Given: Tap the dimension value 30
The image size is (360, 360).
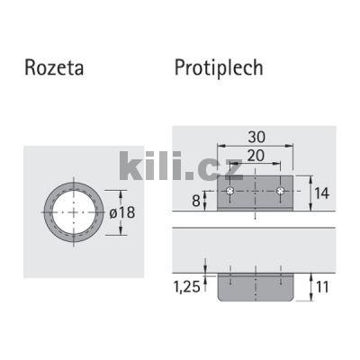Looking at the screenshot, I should click(x=256, y=136).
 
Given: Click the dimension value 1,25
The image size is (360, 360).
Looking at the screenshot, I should click(x=187, y=288).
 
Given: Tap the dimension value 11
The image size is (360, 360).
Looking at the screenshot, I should click(x=320, y=288).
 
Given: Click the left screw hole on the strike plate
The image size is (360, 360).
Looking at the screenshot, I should click(x=231, y=193).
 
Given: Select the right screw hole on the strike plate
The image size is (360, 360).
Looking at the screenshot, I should click(x=282, y=193).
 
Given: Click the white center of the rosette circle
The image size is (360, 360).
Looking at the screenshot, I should click(x=73, y=211).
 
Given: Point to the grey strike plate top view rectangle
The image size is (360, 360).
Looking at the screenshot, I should click(x=256, y=200).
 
